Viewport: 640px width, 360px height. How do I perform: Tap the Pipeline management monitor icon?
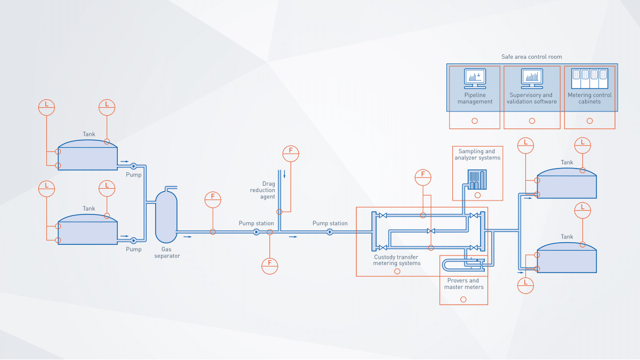(475, 78)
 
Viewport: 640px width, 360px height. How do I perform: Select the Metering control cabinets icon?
(589, 78)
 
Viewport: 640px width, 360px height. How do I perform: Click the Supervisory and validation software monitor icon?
(532, 78)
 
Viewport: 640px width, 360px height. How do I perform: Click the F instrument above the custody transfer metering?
(423, 176)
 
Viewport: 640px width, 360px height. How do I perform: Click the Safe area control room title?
(531, 57)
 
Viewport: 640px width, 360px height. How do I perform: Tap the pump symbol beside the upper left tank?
(133, 166)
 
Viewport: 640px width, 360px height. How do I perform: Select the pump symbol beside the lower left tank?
(133, 241)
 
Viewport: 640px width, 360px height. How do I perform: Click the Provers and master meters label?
(463, 284)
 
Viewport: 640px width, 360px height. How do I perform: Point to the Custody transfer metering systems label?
(397, 260)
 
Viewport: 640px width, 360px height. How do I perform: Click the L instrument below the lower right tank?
(525, 284)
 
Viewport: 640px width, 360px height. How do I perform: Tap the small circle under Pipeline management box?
(475, 121)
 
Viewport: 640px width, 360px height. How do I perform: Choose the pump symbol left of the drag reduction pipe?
(256, 232)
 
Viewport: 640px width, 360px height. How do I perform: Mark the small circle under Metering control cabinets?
(589, 121)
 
